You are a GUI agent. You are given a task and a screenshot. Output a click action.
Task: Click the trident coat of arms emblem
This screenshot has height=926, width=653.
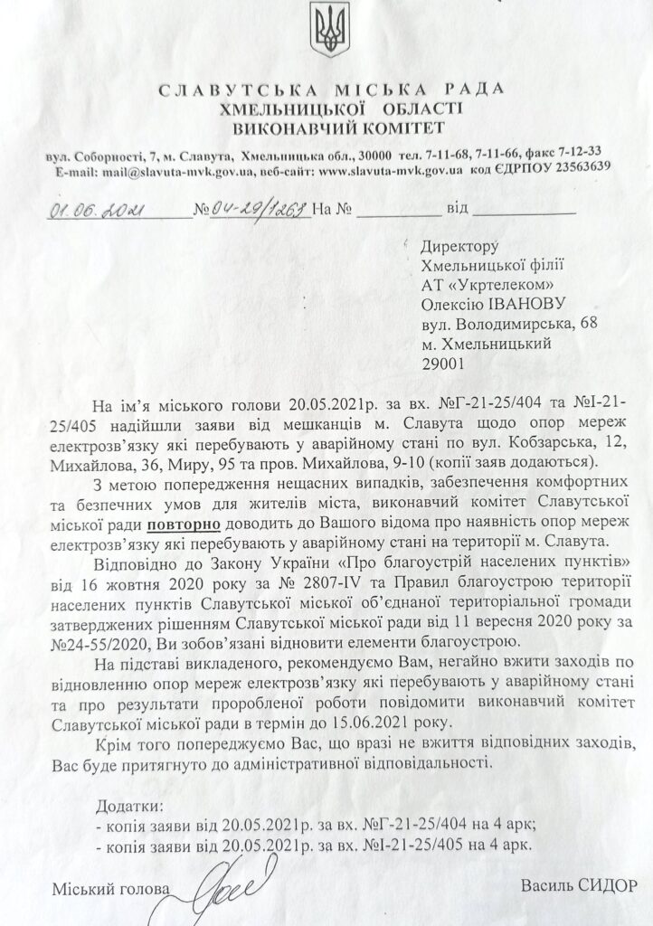pos(326,31)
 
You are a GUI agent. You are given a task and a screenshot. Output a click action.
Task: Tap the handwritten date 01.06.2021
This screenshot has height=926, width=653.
pos(91,211)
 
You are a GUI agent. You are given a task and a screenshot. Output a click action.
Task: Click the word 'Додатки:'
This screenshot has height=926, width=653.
pos(128,805)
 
